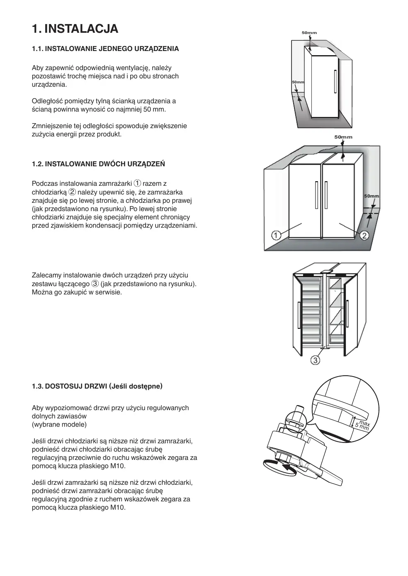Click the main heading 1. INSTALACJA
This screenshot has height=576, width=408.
75,29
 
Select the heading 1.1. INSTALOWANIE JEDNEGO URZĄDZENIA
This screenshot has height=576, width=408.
105,49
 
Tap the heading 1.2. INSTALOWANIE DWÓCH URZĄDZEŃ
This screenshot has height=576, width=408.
98,164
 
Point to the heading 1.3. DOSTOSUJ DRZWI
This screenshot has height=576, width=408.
97,386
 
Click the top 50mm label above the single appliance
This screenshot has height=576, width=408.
309,32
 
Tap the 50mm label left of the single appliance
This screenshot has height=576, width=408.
298,82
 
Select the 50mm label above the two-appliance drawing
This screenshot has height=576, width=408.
343,137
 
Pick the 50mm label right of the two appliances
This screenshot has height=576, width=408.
371,196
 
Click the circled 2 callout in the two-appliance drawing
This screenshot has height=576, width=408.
364,236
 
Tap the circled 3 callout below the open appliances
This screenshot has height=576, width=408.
315,360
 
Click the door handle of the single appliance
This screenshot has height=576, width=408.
334,82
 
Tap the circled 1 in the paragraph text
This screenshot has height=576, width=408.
138,184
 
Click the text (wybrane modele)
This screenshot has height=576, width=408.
59,425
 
